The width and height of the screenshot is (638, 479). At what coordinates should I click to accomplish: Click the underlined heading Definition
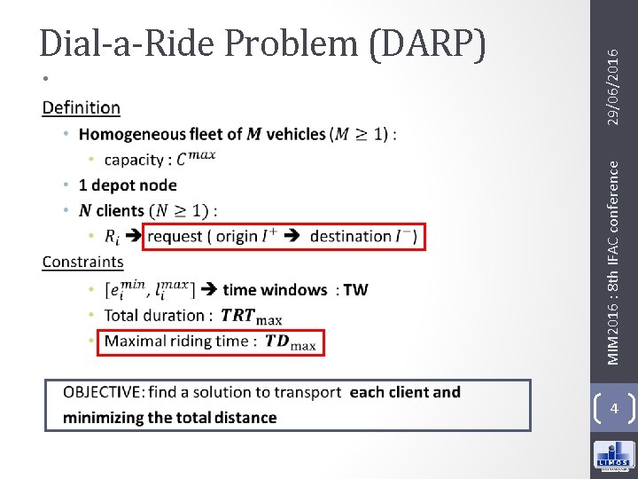tap(81, 108)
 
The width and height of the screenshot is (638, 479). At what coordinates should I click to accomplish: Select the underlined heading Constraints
tap(82, 262)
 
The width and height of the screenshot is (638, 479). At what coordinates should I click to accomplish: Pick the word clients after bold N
tap(120, 211)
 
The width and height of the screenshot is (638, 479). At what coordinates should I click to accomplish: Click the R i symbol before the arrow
tap(112, 237)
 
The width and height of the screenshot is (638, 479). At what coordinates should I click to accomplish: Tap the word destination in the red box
tap(351, 237)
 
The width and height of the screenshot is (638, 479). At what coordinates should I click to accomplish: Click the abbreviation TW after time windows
tap(355, 289)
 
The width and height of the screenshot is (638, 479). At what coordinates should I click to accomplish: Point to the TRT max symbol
tap(251, 316)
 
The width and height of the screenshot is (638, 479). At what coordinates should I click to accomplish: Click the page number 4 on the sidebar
tap(613, 409)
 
